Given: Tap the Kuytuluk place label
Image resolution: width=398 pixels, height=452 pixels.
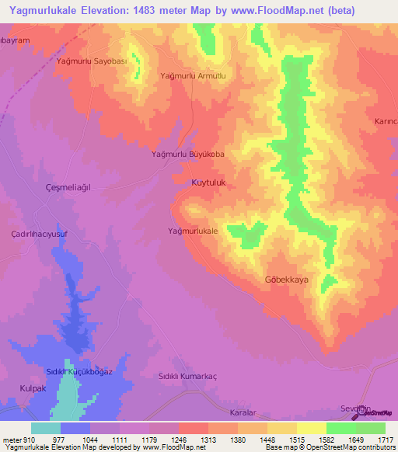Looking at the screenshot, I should coord(208,182).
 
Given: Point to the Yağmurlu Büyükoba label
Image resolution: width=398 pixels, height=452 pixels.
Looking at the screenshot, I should coord(187,155).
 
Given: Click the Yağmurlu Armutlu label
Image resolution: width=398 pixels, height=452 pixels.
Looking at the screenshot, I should coord(192,76).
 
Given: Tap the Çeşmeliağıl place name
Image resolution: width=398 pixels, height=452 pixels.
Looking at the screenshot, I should coord(69,188).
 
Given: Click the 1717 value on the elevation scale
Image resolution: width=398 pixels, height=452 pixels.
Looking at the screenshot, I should coord(384,439).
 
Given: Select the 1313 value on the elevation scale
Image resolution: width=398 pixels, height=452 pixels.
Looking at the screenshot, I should coord(208,439).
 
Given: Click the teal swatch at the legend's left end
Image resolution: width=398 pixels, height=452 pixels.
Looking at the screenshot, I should coord(45,428).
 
